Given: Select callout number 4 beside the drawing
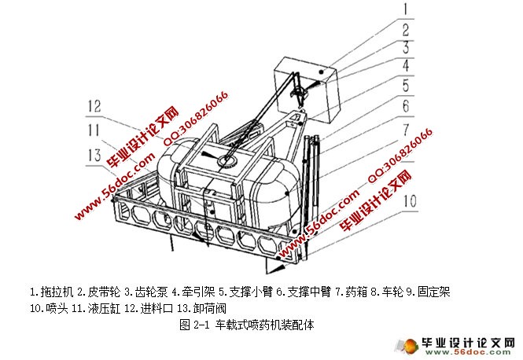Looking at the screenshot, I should click(x=404, y=66).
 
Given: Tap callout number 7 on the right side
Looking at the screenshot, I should click(x=404, y=127).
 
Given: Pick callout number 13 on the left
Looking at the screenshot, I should click(x=95, y=153).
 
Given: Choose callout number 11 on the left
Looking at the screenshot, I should click(x=95, y=129).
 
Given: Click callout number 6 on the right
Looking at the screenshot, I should click(x=404, y=105).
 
